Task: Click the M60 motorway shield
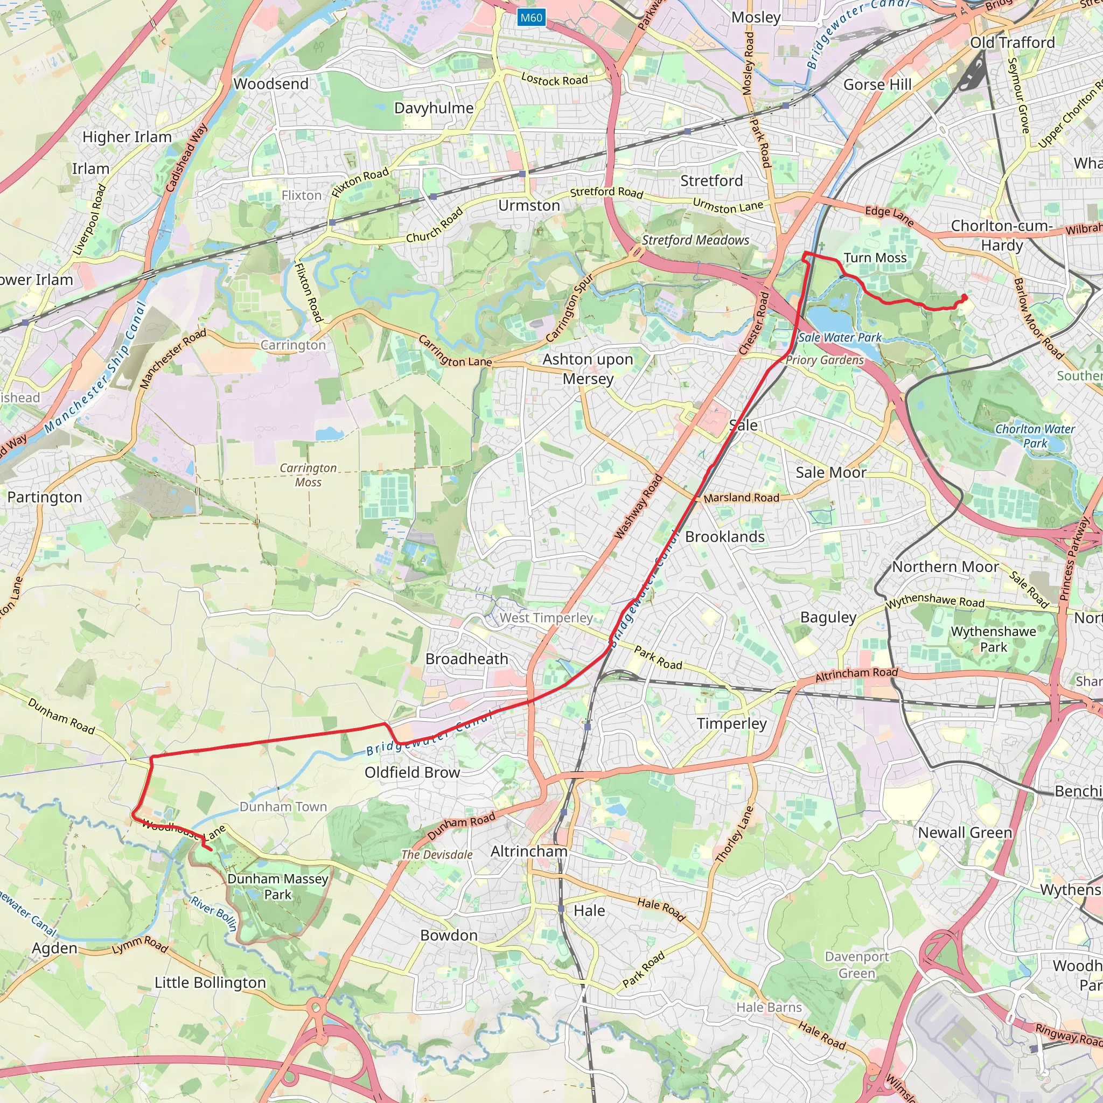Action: (531, 18)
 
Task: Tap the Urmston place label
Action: (529, 206)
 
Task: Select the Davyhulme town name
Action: (434, 108)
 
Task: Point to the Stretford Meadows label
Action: (695, 240)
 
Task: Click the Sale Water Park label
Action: (839, 337)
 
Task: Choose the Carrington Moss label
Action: (308, 475)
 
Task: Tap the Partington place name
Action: (45, 497)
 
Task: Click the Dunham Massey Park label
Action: (277, 886)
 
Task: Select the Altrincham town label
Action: (529, 851)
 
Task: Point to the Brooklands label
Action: (724, 536)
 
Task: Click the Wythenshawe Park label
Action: (993, 639)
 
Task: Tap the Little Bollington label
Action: (210, 982)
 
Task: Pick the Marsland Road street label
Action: (741, 498)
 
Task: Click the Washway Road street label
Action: (638, 506)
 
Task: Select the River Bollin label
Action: (214, 913)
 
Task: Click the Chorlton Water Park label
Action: (1035, 436)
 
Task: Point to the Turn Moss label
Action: (875, 258)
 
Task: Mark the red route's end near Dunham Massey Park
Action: (211, 850)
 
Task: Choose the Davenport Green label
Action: (856, 965)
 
